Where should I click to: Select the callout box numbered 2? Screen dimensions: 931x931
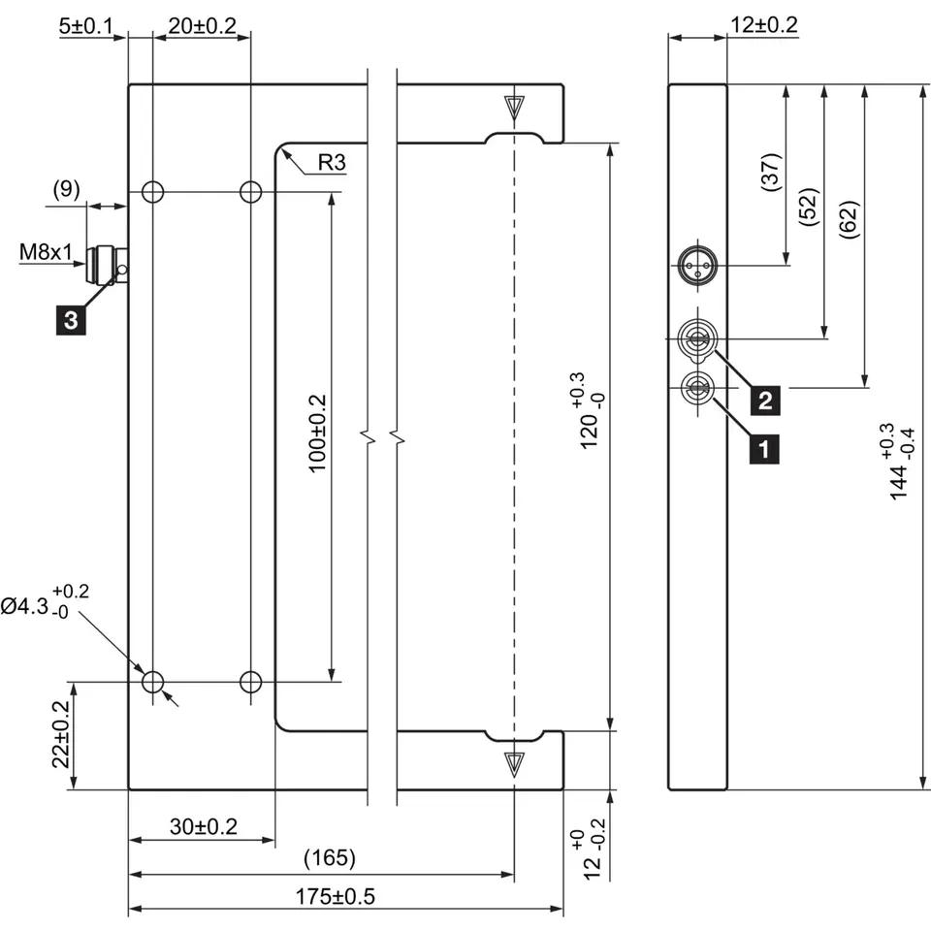pos(765,399)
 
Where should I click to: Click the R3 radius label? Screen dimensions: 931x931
pos(331,162)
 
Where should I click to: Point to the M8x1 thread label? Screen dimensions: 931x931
pos(47,253)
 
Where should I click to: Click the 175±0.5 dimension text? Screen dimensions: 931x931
pos(335,896)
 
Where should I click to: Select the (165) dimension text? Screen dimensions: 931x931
pos(330,858)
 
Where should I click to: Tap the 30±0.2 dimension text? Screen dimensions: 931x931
pos(204,826)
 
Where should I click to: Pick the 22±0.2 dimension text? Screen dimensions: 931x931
pos(61,735)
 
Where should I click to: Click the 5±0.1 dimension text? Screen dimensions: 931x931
pos(85,26)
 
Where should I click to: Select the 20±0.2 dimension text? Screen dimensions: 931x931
pos(202,26)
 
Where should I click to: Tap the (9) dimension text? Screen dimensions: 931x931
pos(65,189)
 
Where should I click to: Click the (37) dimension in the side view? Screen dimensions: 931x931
pos(770,174)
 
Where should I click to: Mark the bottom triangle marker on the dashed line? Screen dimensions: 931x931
pos(514,761)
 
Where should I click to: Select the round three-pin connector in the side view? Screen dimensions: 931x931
pos(695,264)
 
